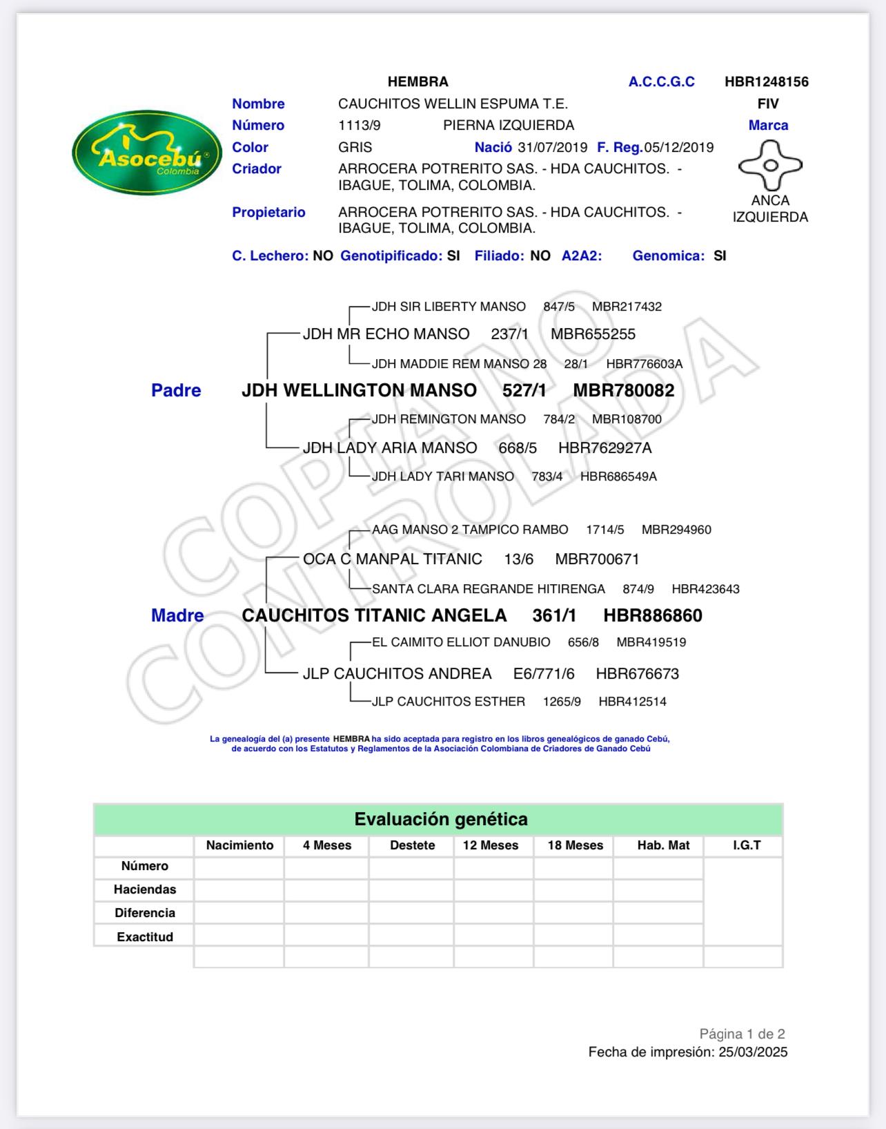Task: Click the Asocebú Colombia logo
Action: pyautogui.click(x=147, y=153)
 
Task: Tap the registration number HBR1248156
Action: pyautogui.click(x=766, y=82)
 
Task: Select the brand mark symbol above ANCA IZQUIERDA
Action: pyautogui.click(x=770, y=166)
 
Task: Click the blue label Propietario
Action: pyautogui.click(x=268, y=213)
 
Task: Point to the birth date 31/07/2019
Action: pyautogui.click(x=552, y=148)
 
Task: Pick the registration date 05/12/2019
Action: pyautogui.click(x=678, y=148)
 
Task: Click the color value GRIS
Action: pyautogui.click(x=355, y=148)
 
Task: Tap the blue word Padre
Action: pyautogui.click(x=176, y=391)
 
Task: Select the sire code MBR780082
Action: pyautogui.click(x=623, y=391)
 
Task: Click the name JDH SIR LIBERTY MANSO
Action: pyautogui.click(x=449, y=307)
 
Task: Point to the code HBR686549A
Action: pyautogui.click(x=618, y=476)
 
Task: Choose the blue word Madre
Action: pyautogui.click(x=177, y=616)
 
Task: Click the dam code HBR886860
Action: pyautogui.click(x=652, y=616)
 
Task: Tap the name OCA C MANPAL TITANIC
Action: pyautogui.click(x=392, y=559)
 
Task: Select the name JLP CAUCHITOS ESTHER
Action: pyautogui.click(x=448, y=702)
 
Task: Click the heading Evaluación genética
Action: pyautogui.click(x=440, y=820)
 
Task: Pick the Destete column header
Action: pyautogui.click(x=412, y=846)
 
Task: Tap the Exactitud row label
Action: pyautogui.click(x=145, y=937)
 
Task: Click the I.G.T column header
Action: pyautogui.click(x=747, y=846)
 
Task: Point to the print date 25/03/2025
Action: pyautogui.click(x=752, y=1052)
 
